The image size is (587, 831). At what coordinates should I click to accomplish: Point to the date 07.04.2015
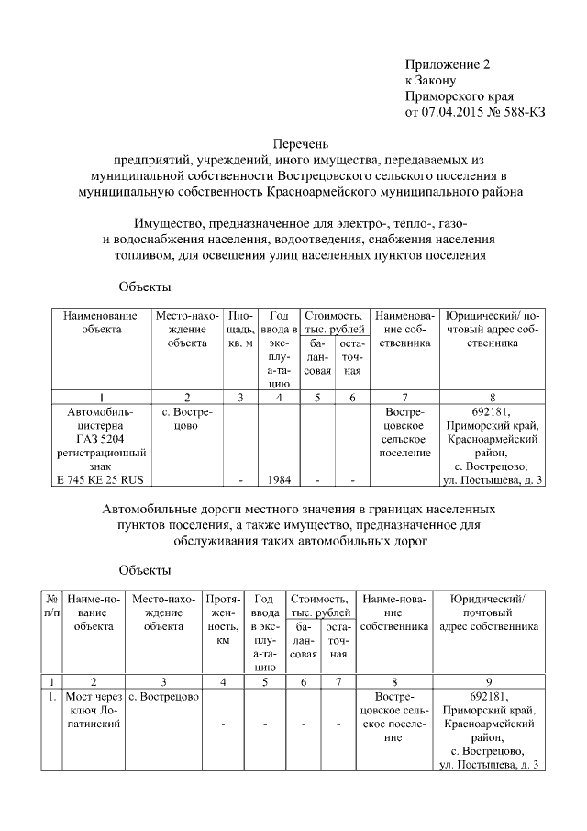(450, 114)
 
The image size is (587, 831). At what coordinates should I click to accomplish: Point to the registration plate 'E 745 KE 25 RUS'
(100, 479)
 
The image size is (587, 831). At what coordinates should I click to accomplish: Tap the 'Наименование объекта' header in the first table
(100, 321)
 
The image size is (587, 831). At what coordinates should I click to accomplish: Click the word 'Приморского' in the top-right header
(459, 96)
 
